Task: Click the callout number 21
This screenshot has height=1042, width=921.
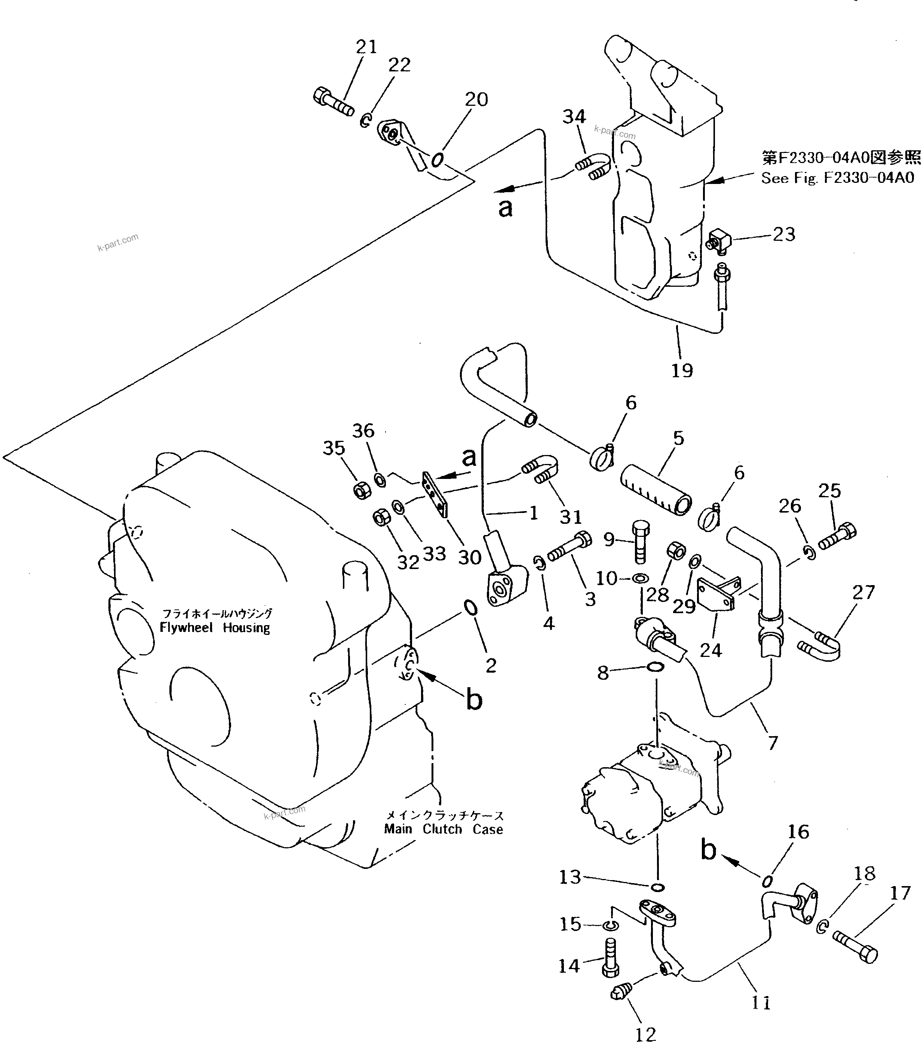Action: [x=366, y=47]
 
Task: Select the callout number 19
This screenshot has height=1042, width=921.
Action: [x=682, y=371]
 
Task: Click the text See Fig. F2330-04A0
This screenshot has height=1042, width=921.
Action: [x=837, y=178]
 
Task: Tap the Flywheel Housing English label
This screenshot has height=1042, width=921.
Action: [x=215, y=627]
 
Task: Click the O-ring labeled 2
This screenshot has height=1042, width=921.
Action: [x=470, y=608]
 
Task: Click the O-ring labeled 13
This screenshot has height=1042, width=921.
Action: [x=658, y=888]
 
